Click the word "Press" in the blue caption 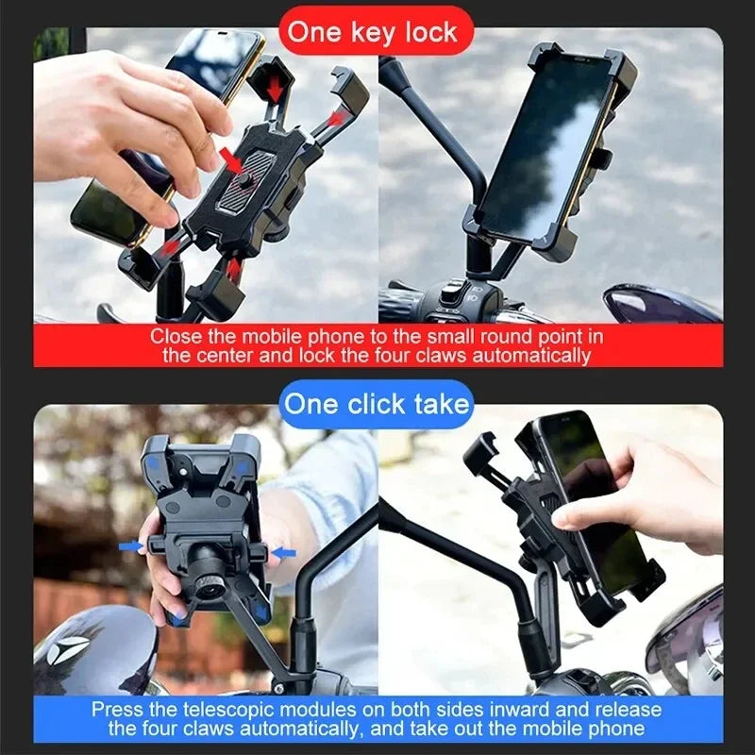click(x=118, y=709)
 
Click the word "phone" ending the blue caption click(x=612, y=728)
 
